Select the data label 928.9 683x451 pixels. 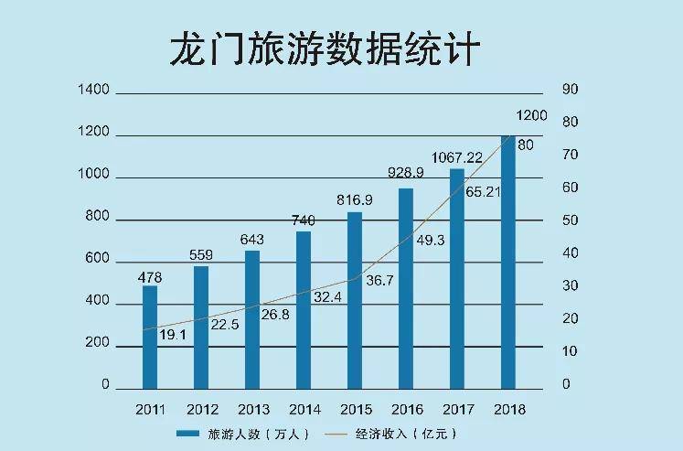point(405,173)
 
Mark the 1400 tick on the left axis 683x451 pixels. point(94,90)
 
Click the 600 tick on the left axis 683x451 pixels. point(98,259)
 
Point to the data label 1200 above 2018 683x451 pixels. point(531,116)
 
